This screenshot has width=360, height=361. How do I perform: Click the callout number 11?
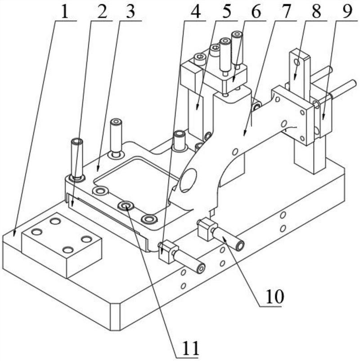189,347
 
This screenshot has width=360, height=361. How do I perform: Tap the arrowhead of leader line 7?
244,133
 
